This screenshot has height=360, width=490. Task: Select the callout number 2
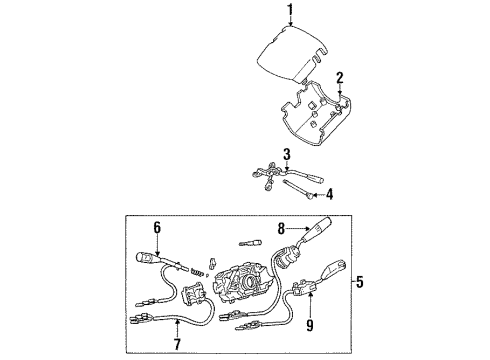340,77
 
